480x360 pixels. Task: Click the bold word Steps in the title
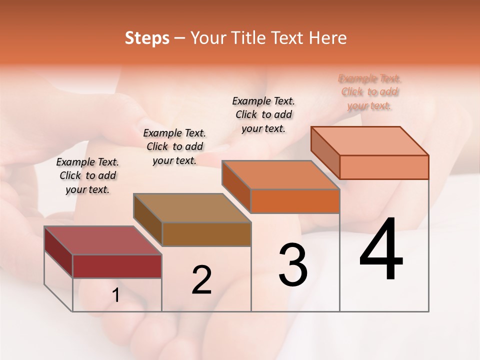147,38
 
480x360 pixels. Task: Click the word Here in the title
327,38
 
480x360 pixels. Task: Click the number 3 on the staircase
293,265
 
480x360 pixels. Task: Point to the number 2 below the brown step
201,280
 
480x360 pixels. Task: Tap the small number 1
116,295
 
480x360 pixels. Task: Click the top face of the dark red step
103,240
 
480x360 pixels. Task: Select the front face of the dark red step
117,266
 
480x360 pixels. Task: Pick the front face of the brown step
206,234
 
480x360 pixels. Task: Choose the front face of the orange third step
295,201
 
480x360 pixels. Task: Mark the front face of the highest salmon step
384,167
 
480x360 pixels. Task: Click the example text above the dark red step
87,175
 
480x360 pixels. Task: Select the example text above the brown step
174,146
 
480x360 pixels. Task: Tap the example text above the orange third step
263,114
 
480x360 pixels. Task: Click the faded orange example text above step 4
370,92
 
